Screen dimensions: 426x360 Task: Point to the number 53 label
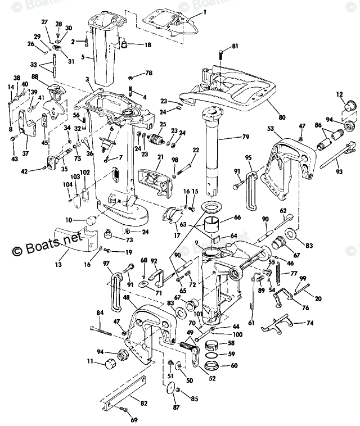[271, 129]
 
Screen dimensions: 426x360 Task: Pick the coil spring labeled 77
[280, 276]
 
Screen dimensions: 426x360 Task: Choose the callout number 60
[233, 365]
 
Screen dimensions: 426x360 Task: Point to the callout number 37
[25, 152]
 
